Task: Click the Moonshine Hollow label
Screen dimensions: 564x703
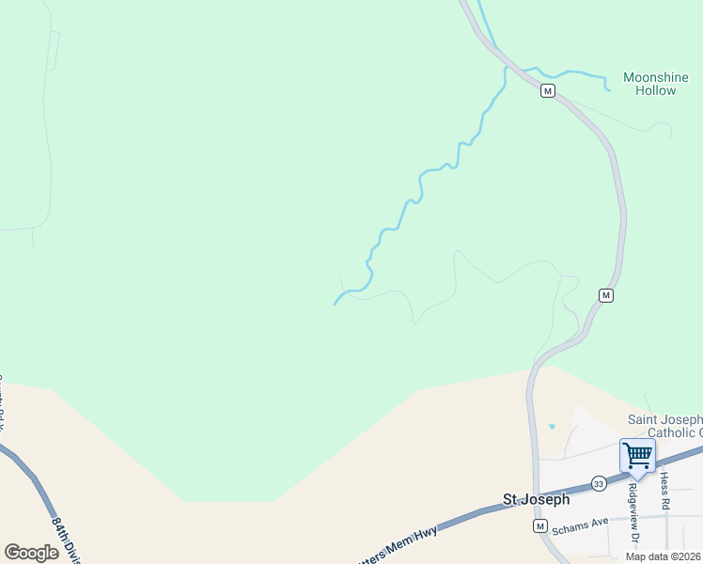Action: click(x=649, y=84)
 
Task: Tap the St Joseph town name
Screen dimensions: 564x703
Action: click(x=536, y=500)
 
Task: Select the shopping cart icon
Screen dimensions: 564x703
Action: click(x=637, y=456)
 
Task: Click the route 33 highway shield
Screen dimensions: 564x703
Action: click(x=599, y=483)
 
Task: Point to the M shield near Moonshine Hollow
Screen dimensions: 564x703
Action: click(x=547, y=91)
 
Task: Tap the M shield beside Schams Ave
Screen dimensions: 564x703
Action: click(x=539, y=526)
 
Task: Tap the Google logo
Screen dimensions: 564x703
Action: click(x=31, y=553)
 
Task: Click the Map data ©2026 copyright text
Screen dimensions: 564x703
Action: click(x=663, y=556)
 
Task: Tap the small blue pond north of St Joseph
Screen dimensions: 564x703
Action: click(x=551, y=427)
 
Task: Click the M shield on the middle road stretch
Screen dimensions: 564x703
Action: click(x=605, y=295)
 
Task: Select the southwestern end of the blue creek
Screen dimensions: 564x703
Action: click(x=335, y=304)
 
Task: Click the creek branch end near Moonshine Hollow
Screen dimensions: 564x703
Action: click(x=609, y=90)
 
